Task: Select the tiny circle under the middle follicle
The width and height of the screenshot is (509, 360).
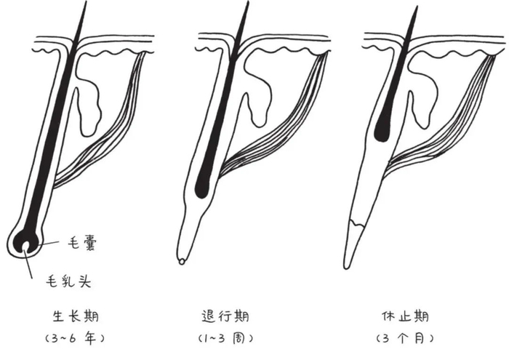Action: coord(181,260)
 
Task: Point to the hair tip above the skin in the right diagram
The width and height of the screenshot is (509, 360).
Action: coord(416,9)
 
